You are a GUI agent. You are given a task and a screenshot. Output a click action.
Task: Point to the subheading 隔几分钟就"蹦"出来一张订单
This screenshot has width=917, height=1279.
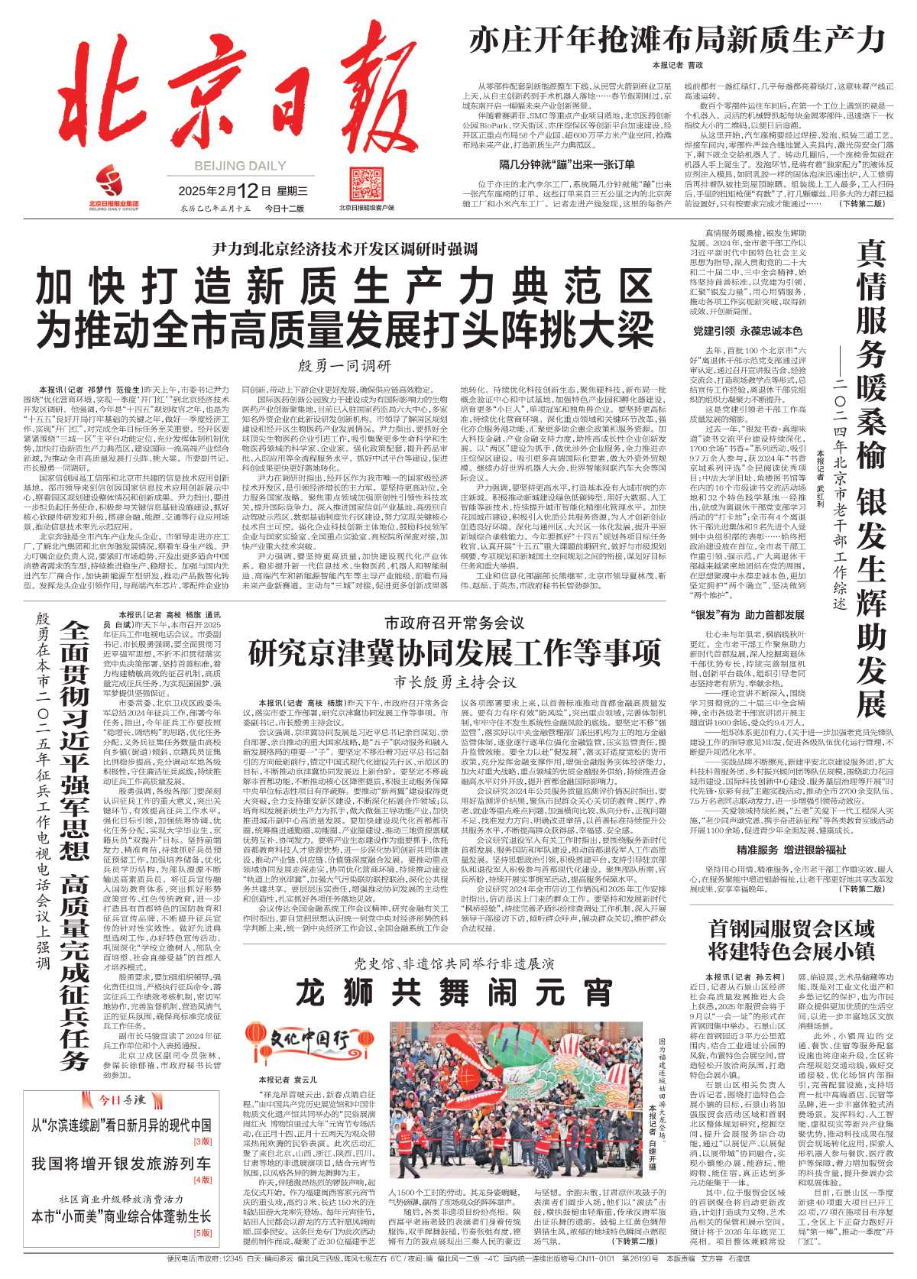point(567,164)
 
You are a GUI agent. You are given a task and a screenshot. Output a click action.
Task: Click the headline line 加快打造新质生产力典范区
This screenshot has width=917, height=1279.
point(344,287)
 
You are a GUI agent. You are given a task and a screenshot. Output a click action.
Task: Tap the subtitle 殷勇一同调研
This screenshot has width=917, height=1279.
point(344,365)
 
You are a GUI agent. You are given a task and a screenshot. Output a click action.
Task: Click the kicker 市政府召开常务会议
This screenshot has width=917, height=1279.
point(454,623)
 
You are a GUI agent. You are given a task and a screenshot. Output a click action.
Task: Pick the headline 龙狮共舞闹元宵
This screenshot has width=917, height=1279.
point(454,992)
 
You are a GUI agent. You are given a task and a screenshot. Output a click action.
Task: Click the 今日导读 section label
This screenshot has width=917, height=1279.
point(122,1099)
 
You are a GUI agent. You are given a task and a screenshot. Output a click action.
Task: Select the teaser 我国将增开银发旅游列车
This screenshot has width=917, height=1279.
point(122,1163)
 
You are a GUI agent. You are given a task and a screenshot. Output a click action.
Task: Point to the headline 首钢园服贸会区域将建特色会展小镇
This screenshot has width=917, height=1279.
point(791,940)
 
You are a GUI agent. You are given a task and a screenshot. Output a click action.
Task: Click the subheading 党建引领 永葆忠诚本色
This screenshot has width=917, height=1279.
point(747,331)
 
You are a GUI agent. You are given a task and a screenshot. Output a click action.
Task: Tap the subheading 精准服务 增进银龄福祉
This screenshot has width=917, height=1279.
point(791,850)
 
